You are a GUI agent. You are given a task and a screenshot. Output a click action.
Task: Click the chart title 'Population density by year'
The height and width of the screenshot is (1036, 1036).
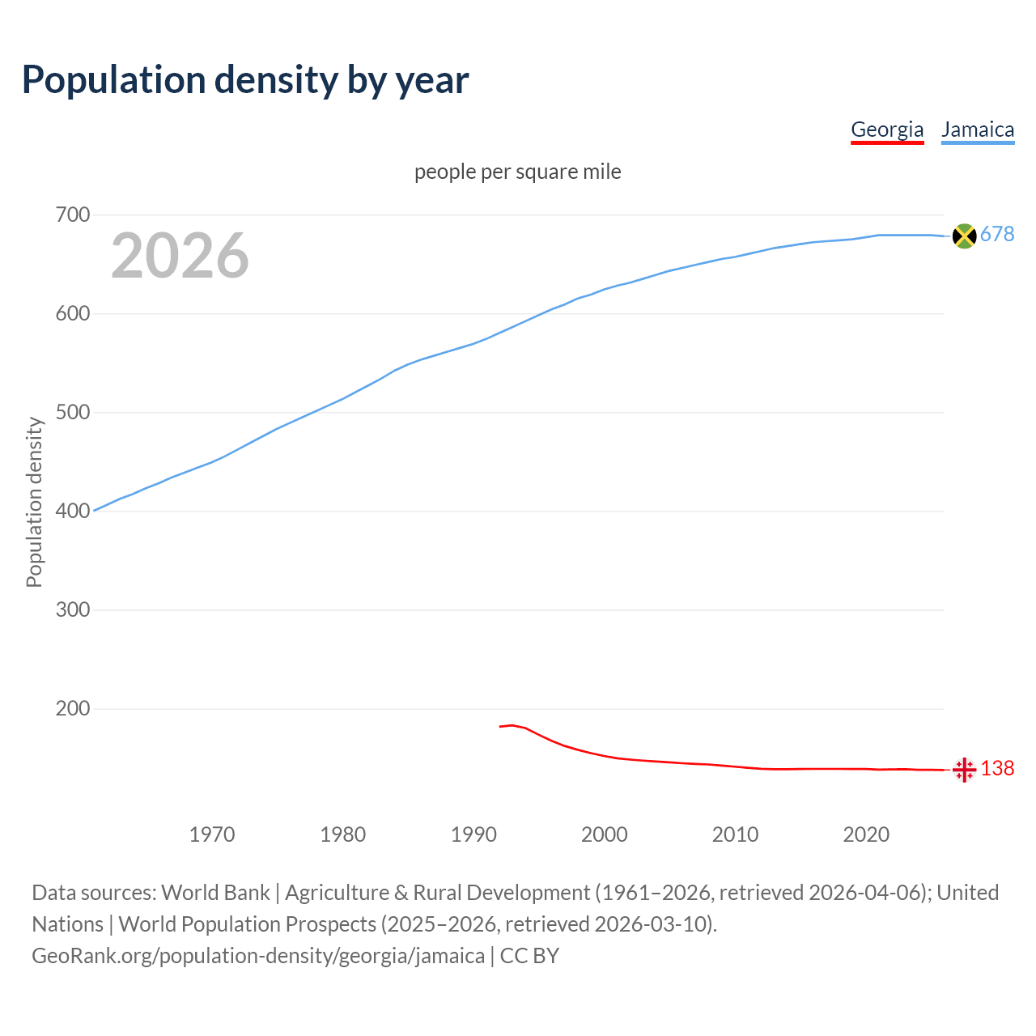click(x=245, y=80)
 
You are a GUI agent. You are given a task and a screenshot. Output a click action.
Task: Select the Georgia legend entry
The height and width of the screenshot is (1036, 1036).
click(x=887, y=129)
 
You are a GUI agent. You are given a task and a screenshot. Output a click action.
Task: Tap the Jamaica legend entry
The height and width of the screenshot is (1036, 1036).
click(x=978, y=129)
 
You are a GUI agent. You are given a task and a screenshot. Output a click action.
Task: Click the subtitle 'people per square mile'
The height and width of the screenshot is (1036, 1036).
click(x=518, y=172)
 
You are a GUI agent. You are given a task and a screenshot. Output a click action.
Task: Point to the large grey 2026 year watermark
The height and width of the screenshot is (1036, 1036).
click(x=180, y=256)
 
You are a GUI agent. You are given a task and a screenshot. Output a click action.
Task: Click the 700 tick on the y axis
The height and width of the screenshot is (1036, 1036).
click(x=73, y=215)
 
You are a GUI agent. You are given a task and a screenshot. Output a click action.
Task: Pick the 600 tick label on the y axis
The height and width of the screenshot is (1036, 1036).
click(x=73, y=314)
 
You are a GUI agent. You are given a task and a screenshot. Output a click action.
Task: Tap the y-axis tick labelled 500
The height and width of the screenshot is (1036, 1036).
click(x=73, y=413)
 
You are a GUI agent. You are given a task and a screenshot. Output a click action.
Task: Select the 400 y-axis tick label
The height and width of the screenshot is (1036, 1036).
click(x=73, y=512)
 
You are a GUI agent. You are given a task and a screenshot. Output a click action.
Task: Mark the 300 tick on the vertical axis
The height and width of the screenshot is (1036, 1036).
click(x=73, y=610)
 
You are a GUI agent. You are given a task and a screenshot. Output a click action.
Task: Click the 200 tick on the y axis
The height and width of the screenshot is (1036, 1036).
click(x=73, y=709)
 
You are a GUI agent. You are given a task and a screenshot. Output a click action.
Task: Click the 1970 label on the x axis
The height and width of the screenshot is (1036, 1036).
click(x=212, y=834)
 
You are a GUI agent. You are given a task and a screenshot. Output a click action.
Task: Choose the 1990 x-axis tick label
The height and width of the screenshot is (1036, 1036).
click(x=473, y=834)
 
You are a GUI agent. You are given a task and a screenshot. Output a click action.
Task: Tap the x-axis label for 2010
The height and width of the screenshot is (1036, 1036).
click(x=735, y=834)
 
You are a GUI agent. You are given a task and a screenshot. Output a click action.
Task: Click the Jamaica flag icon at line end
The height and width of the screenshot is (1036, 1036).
click(x=964, y=236)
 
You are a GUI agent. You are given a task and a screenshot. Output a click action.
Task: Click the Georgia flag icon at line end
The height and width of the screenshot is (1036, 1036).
click(x=964, y=770)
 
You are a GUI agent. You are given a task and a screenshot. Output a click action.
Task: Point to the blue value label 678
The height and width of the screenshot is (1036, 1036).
click(x=997, y=235)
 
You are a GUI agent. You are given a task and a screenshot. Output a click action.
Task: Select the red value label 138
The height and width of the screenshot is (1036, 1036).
click(x=997, y=769)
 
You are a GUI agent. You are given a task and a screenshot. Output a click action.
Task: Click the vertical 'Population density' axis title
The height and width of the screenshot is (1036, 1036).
click(x=34, y=502)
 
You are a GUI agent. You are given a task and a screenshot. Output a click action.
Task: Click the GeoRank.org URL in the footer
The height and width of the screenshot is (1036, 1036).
click(x=258, y=956)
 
